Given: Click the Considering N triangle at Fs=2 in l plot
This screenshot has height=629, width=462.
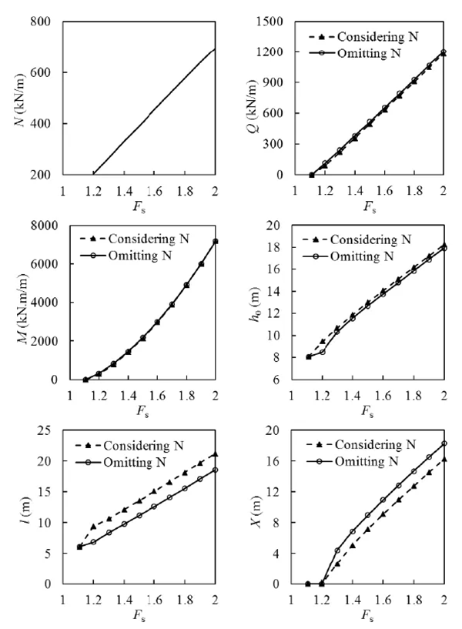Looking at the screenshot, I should (215, 454).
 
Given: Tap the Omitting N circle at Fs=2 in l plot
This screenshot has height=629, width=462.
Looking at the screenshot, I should (215, 470).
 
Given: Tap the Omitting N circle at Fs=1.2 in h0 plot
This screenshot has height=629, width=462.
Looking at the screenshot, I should (323, 352).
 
